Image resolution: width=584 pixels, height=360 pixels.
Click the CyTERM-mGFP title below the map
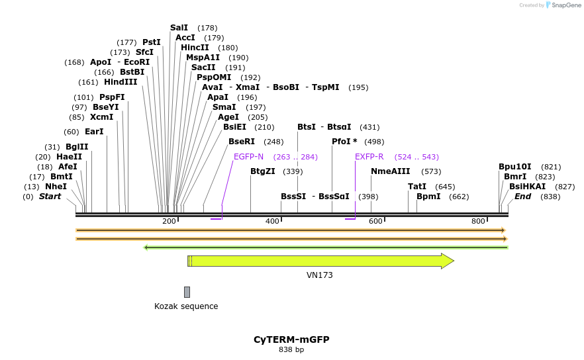tap(291, 339)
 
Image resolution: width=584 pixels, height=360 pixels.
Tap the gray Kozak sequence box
tap(187, 292)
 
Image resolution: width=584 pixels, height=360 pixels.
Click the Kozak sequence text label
tap(186, 306)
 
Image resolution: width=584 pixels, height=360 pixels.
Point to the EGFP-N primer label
tap(248, 157)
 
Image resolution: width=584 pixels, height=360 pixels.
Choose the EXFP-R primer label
tap(369, 157)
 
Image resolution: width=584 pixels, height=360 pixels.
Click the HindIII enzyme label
tap(121, 82)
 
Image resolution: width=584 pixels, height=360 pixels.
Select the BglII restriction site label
tap(77, 147)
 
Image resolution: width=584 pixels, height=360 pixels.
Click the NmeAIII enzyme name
tap(391, 171)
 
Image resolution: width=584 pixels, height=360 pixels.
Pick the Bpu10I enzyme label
tap(515, 167)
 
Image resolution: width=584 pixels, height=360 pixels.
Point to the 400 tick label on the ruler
tap(272, 221)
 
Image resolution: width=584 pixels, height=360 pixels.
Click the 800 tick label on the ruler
tap(479, 221)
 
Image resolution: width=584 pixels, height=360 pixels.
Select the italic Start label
tap(50, 197)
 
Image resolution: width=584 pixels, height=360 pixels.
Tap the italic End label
tap(522, 197)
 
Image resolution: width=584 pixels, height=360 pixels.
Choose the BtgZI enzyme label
tap(263, 171)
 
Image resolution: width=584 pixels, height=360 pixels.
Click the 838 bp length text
tap(291, 349)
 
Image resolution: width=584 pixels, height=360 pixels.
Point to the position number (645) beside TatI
tap(445, 187)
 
